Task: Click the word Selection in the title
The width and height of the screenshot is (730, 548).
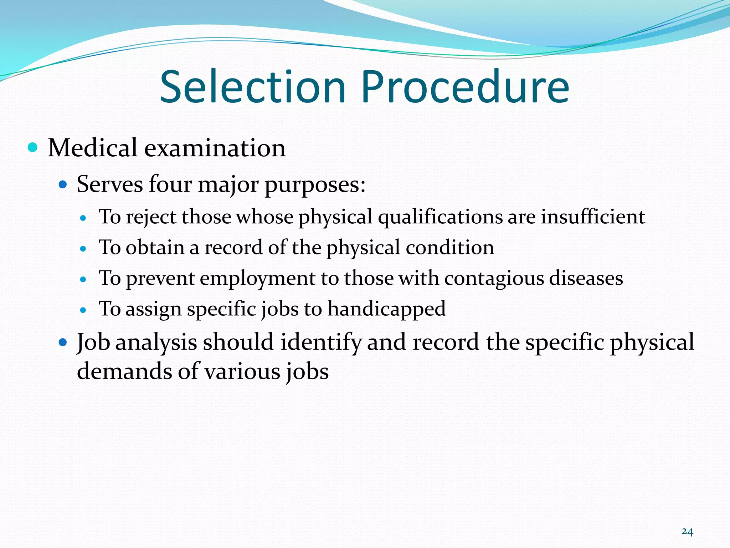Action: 253,87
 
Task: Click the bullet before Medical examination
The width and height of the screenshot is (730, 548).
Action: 32,147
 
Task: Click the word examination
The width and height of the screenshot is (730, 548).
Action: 215,148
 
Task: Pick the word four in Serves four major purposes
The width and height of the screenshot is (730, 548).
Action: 170,185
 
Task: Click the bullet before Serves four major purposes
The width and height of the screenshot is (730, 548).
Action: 63,185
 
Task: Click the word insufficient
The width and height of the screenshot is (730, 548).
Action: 593,217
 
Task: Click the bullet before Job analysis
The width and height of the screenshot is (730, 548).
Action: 63,343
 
